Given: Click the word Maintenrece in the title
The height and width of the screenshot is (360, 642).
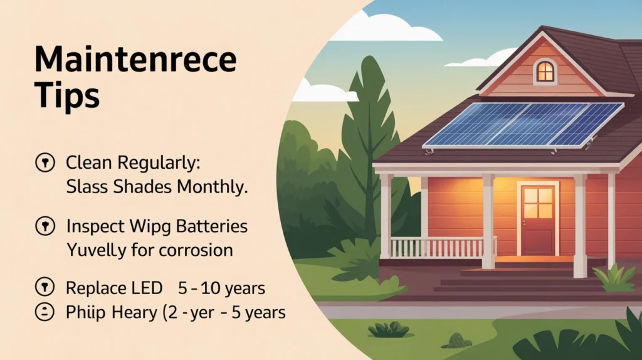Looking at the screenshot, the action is click(x=135, y=60).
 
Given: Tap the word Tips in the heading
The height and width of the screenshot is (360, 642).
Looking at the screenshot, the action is click(x=67, y=95).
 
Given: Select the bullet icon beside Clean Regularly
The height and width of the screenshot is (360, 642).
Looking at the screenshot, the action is click(x=45, y=162).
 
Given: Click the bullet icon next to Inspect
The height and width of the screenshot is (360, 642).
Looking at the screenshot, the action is click(x=45, y=226).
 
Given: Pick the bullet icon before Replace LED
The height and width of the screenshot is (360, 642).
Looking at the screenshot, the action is click(x=45, y=287).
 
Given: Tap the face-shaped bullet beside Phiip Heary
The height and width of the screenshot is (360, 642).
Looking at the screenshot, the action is click(x=45, y=312).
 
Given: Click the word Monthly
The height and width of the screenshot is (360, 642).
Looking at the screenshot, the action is click(x=213, y=187).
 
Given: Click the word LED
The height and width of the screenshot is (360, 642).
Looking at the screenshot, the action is click(x=147, y=288).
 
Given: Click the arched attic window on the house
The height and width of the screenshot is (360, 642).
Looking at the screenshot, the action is click(x=545, y=71).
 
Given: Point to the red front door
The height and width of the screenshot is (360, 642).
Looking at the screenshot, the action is click(x=538, y=220).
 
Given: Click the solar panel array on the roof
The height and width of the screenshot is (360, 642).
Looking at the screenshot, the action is click(x=523, y=125).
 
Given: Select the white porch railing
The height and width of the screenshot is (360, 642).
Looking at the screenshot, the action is click(x=443, y=247).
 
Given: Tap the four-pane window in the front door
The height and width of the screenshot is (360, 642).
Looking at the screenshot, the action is click(x=538, y=203).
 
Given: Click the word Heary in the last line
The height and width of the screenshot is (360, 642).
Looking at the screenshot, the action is click(x=134, y=313).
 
